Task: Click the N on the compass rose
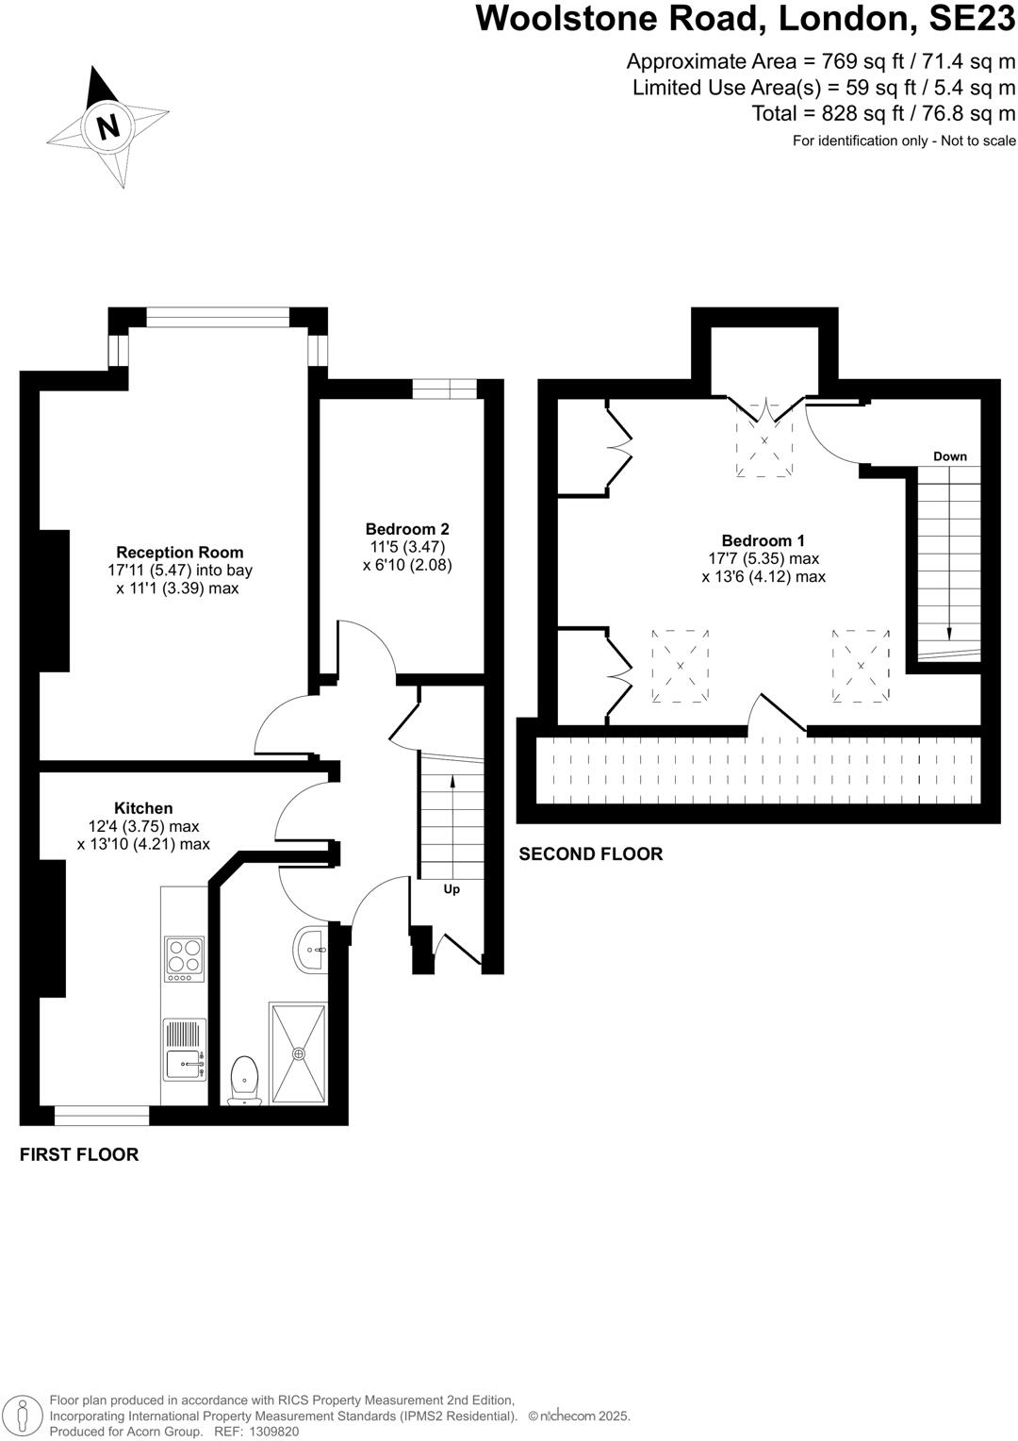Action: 109,125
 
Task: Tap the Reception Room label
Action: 179,553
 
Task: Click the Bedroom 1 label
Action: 763,540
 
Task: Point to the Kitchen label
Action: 143,808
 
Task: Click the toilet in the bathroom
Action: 244,1079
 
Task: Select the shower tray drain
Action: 300,1053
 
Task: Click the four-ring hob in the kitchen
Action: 185,956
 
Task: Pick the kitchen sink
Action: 185,1065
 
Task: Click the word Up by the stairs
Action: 452,889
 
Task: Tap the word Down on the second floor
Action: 949,456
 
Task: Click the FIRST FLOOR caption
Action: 79,1154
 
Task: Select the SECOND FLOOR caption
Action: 591,853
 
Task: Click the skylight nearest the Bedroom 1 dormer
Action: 764,441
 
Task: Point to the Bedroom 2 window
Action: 445,389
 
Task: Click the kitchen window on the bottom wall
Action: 102,1116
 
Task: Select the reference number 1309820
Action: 273,1432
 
